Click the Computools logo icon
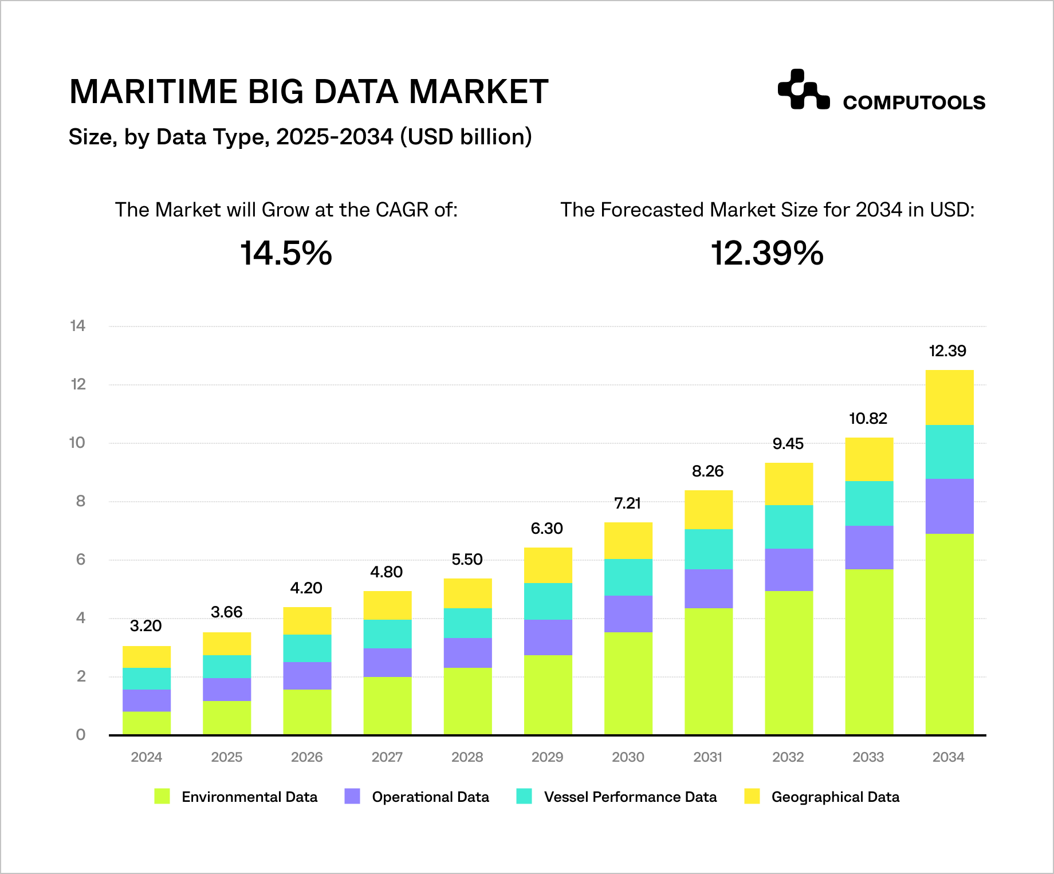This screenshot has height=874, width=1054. [803, 90]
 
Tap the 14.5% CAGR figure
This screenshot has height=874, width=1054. [286, 253]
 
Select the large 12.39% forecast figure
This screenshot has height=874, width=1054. [767, 253]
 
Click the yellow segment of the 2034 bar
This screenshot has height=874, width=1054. [949, 397]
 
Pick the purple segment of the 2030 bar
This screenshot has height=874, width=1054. [628, 613]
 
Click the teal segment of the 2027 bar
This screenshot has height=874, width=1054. [387, 633]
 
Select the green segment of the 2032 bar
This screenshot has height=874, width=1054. [789, 662]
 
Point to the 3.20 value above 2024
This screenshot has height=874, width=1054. [145, 625]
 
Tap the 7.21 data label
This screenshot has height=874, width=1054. [627, 503]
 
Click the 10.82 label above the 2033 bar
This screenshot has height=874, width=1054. [868, 418]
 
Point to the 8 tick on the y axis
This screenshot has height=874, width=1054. [81, 501]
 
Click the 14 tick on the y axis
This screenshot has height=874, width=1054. [77, 326]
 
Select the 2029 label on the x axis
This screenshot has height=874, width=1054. [547, 757]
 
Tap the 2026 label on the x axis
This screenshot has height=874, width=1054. [306, 757]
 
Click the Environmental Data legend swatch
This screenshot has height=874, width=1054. [162, 796]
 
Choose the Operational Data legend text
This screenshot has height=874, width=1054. [430, 797]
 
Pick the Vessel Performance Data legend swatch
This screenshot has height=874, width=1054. [524, 796]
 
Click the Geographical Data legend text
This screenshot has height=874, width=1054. [835, 797]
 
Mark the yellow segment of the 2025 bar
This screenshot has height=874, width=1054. [227, 644]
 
